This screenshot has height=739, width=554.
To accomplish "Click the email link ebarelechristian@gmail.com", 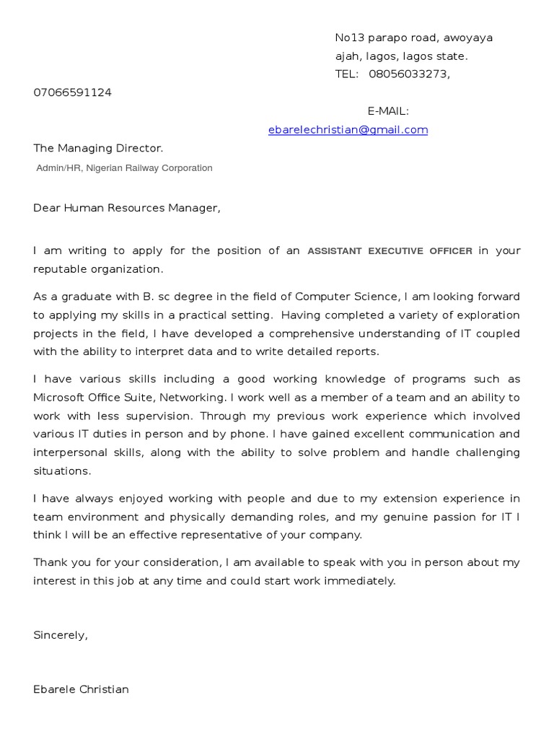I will [348, 130].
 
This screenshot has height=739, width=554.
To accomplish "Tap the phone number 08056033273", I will [409, 74].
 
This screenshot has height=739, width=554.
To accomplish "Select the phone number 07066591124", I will [72, 92].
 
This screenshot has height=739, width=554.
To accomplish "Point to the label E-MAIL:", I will [388, 111].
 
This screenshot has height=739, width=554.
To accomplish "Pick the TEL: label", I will [347, 74].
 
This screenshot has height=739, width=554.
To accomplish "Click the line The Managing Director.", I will [98, 149].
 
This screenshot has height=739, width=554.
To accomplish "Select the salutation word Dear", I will [47, 209].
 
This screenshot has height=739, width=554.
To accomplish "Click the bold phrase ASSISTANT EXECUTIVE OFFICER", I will [390, 251].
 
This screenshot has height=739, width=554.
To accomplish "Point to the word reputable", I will [59, 269].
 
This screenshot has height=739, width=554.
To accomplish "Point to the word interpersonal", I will [67, 453].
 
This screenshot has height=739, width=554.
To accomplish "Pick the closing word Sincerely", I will [60, 636].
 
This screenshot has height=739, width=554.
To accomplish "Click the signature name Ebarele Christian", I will [81, 690].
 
